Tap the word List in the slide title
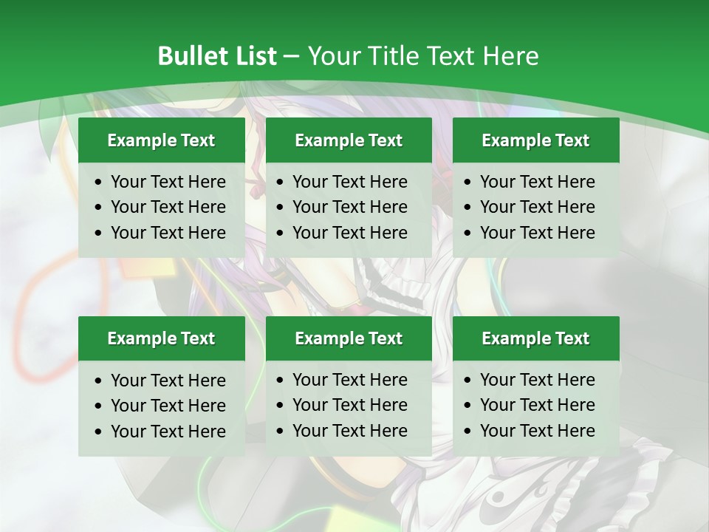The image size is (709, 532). click(x=253, y=56)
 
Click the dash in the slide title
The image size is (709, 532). click(x=292, y=57)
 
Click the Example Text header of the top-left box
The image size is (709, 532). click(x=161, y=140)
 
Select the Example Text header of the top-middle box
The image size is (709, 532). click(x=349, y=140)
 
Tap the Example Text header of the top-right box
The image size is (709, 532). click(x=535, y=140)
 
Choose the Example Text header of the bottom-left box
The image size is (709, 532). click(x=161, y=338)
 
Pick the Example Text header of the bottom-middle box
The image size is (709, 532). click(x=349, y=338)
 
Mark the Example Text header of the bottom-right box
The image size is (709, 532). click(x=535, y=338)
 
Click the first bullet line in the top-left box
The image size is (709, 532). click(x=168, y=182)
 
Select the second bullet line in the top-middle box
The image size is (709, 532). click(x=349, y=207)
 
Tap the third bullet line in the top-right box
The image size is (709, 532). click(x=537, y=233)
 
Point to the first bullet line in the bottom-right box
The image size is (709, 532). click(x=537, y=380)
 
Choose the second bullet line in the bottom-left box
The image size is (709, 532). click(x=168, y=406)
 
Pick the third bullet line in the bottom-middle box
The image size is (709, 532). click(x=349, y=431)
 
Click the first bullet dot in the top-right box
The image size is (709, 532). click(x=468, y=183)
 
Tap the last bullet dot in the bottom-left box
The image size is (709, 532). click(x=99, y=432)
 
